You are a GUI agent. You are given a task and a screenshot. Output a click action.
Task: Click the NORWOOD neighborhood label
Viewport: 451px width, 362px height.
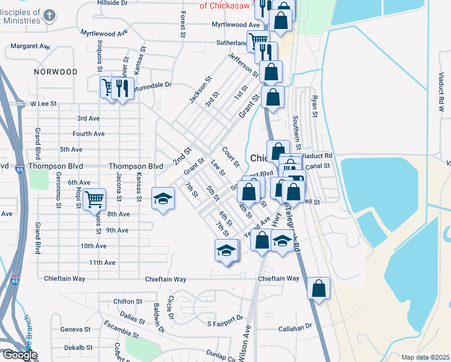coord(55,72)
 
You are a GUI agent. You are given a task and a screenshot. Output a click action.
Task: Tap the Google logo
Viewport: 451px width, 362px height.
coord(19,355)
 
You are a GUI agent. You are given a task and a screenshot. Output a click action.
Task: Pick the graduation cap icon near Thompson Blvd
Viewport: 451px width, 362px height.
coord(163,199)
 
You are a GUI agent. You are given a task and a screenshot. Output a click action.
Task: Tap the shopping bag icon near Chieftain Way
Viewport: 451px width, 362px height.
coord(319,288)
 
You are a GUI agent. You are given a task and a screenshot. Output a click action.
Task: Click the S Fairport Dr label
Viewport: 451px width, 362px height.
coord(224,317)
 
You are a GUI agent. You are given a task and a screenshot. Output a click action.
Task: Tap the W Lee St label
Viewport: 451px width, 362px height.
coord(43,104)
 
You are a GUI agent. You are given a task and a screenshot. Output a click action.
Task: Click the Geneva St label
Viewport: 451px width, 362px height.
coord(75,330)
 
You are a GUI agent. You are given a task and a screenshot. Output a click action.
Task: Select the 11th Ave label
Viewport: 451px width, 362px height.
coord(102,262)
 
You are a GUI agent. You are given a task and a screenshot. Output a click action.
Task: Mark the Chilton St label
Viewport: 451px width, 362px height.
coord(128,301)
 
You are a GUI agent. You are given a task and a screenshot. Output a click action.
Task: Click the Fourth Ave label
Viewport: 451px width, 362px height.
coord(89,134)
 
